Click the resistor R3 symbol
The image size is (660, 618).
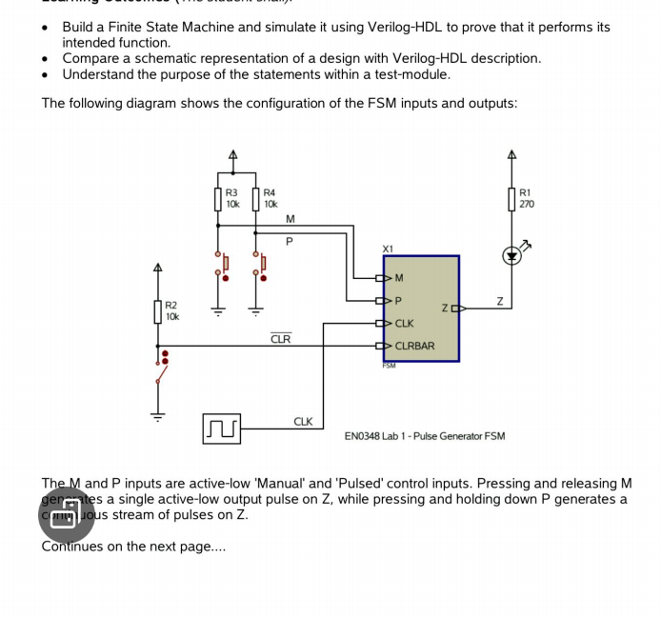(218, 200)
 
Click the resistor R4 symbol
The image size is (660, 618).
(256, 200)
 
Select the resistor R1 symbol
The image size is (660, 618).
(512, 200)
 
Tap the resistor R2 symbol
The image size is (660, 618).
(158, 311)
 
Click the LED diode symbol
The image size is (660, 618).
(512, 255)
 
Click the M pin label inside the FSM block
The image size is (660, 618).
(398, 278)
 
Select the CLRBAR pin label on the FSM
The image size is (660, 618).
(414, 346)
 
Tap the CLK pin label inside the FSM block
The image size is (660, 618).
(404, 324)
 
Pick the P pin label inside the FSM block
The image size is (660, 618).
(398, 301)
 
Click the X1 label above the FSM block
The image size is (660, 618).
(388, 249)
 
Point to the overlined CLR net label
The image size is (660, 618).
(281, 339)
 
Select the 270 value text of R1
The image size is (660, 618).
(527, 204)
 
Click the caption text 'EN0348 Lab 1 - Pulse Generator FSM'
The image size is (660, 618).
(425, 436)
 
